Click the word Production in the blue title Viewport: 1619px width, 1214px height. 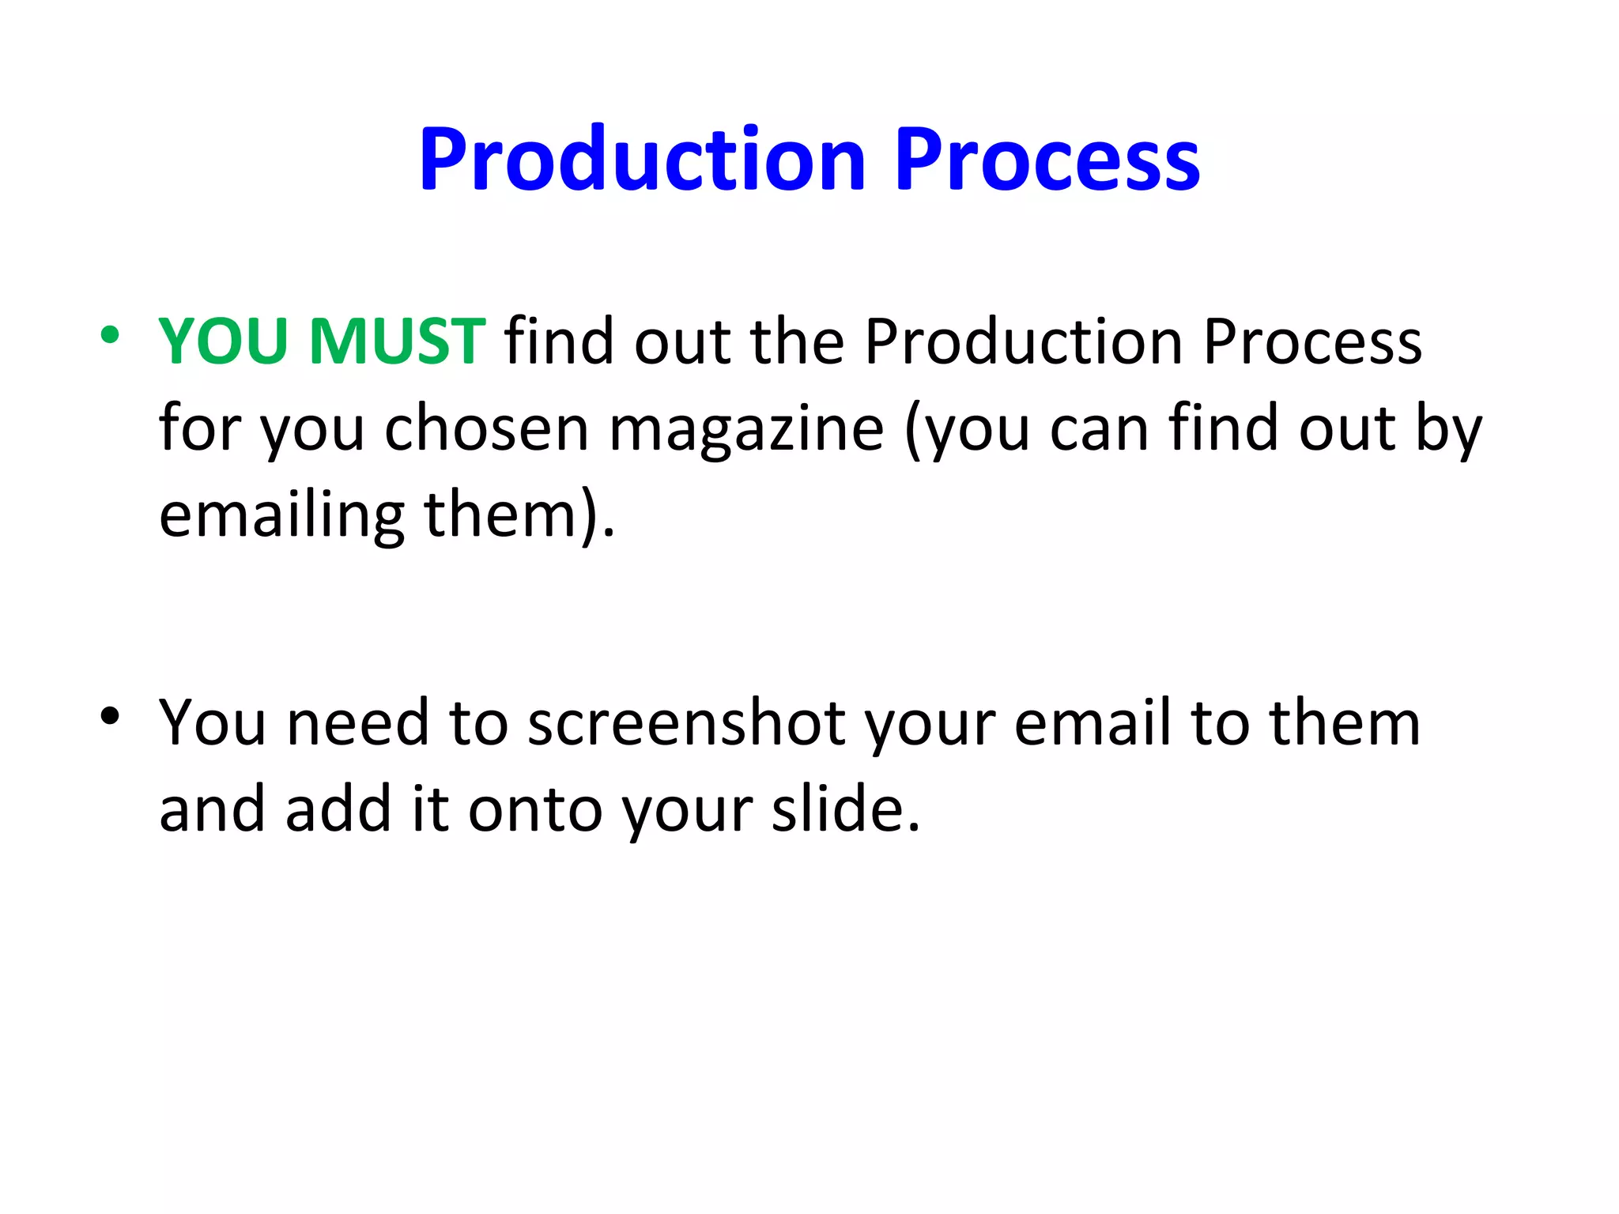point(643,160)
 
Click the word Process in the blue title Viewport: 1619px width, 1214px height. point(1047,160)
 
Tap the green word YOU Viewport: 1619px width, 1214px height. point(223,341)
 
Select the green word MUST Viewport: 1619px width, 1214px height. point(397,341)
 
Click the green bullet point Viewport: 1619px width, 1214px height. point(110,335)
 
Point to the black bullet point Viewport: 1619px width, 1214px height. point(110,716)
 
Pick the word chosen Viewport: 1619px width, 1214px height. point(487,428)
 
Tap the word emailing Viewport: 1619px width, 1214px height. point(281,515)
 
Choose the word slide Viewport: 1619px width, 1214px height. point(846,809)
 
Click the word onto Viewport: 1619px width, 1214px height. point(535,809)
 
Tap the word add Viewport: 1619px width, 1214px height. point(338,809)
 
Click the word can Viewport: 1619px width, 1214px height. point(1099,428)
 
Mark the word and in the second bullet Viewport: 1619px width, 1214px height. point(212,809)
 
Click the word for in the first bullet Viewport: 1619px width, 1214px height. point(199,428)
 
